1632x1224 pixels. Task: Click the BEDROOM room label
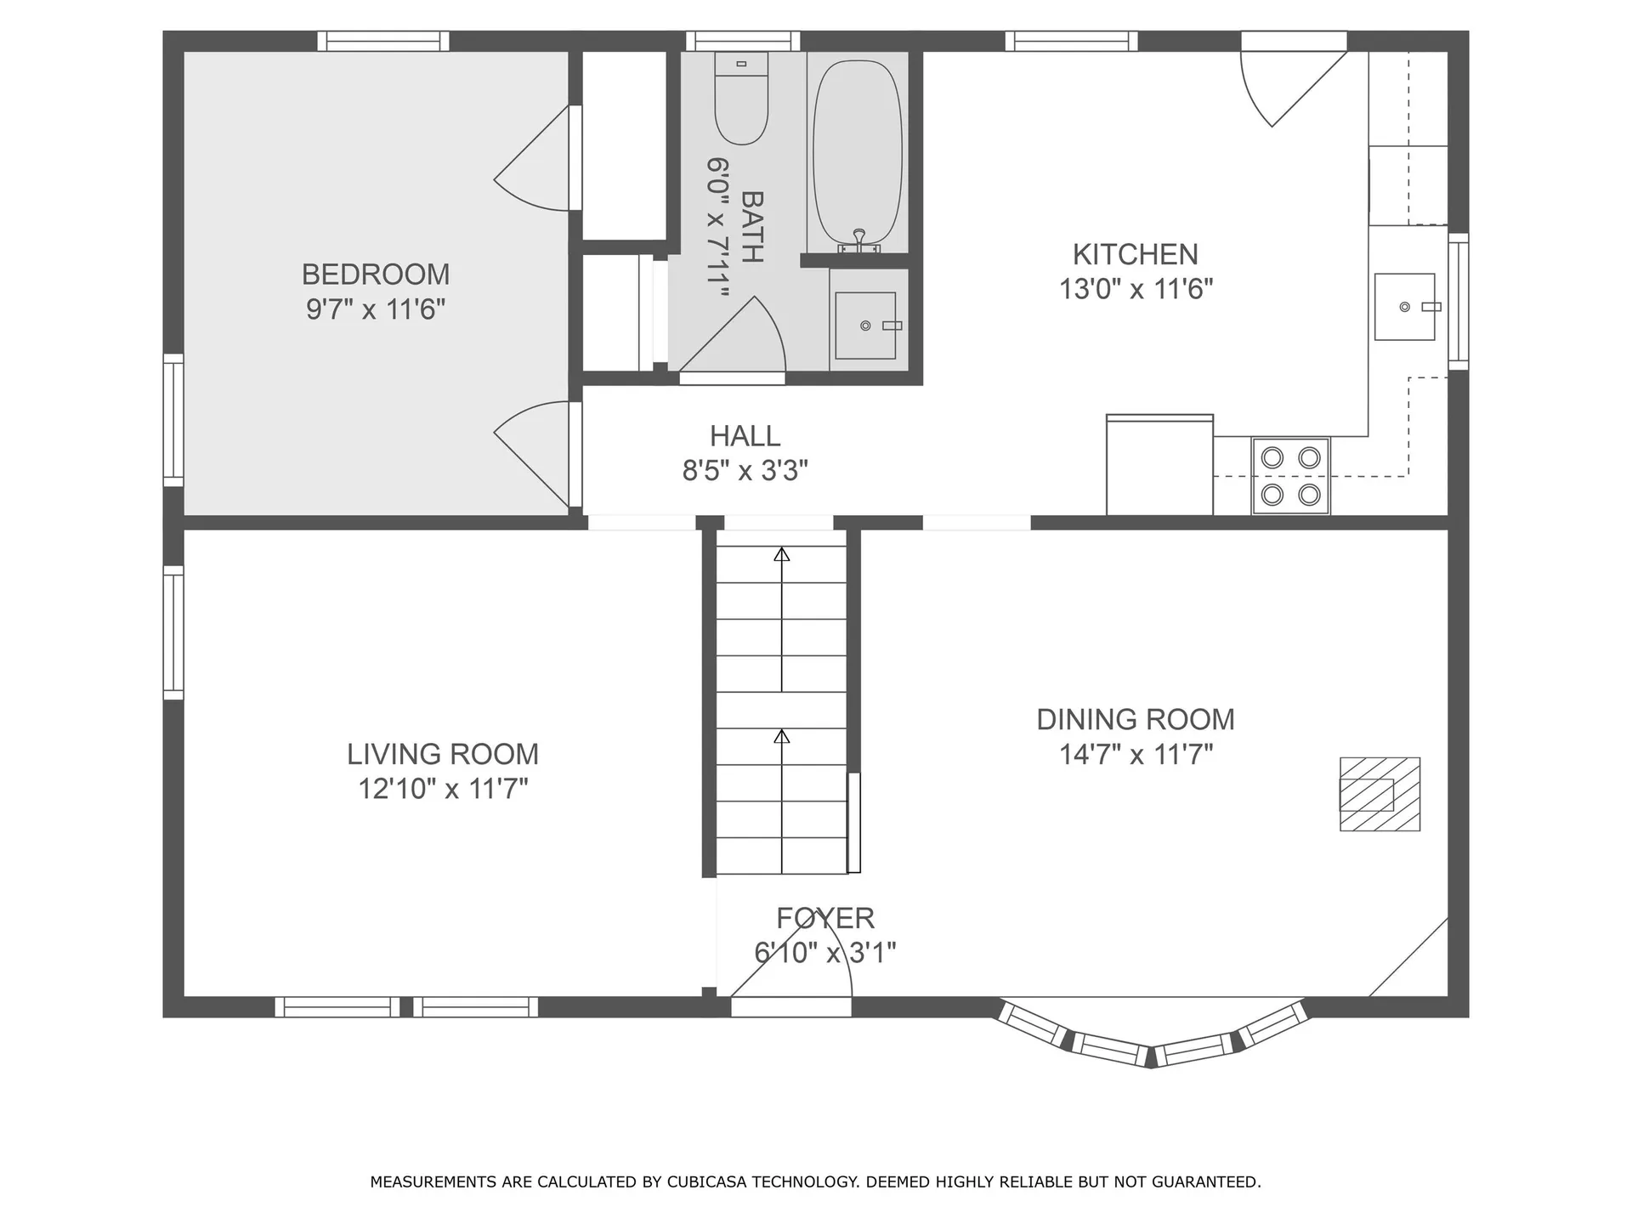point(376,275)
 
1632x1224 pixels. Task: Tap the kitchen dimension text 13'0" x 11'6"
point(1136,289)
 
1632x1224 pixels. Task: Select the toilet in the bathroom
point(741,98)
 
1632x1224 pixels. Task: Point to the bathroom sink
point(865,326)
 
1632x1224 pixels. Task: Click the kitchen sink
point(1405,307)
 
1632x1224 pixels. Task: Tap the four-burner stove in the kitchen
point(1290,476)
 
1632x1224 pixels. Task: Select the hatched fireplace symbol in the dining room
point(1380,794)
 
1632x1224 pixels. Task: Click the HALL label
point(745,436)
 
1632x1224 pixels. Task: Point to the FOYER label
point(825,918)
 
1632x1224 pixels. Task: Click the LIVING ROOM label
point(443,754)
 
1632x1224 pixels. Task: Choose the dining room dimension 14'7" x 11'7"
point(1136,754)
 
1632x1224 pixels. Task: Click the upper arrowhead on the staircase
point(782,555)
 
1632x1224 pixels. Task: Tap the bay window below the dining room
point(1152,1033)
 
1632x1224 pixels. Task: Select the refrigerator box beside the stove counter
point(1159,465)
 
